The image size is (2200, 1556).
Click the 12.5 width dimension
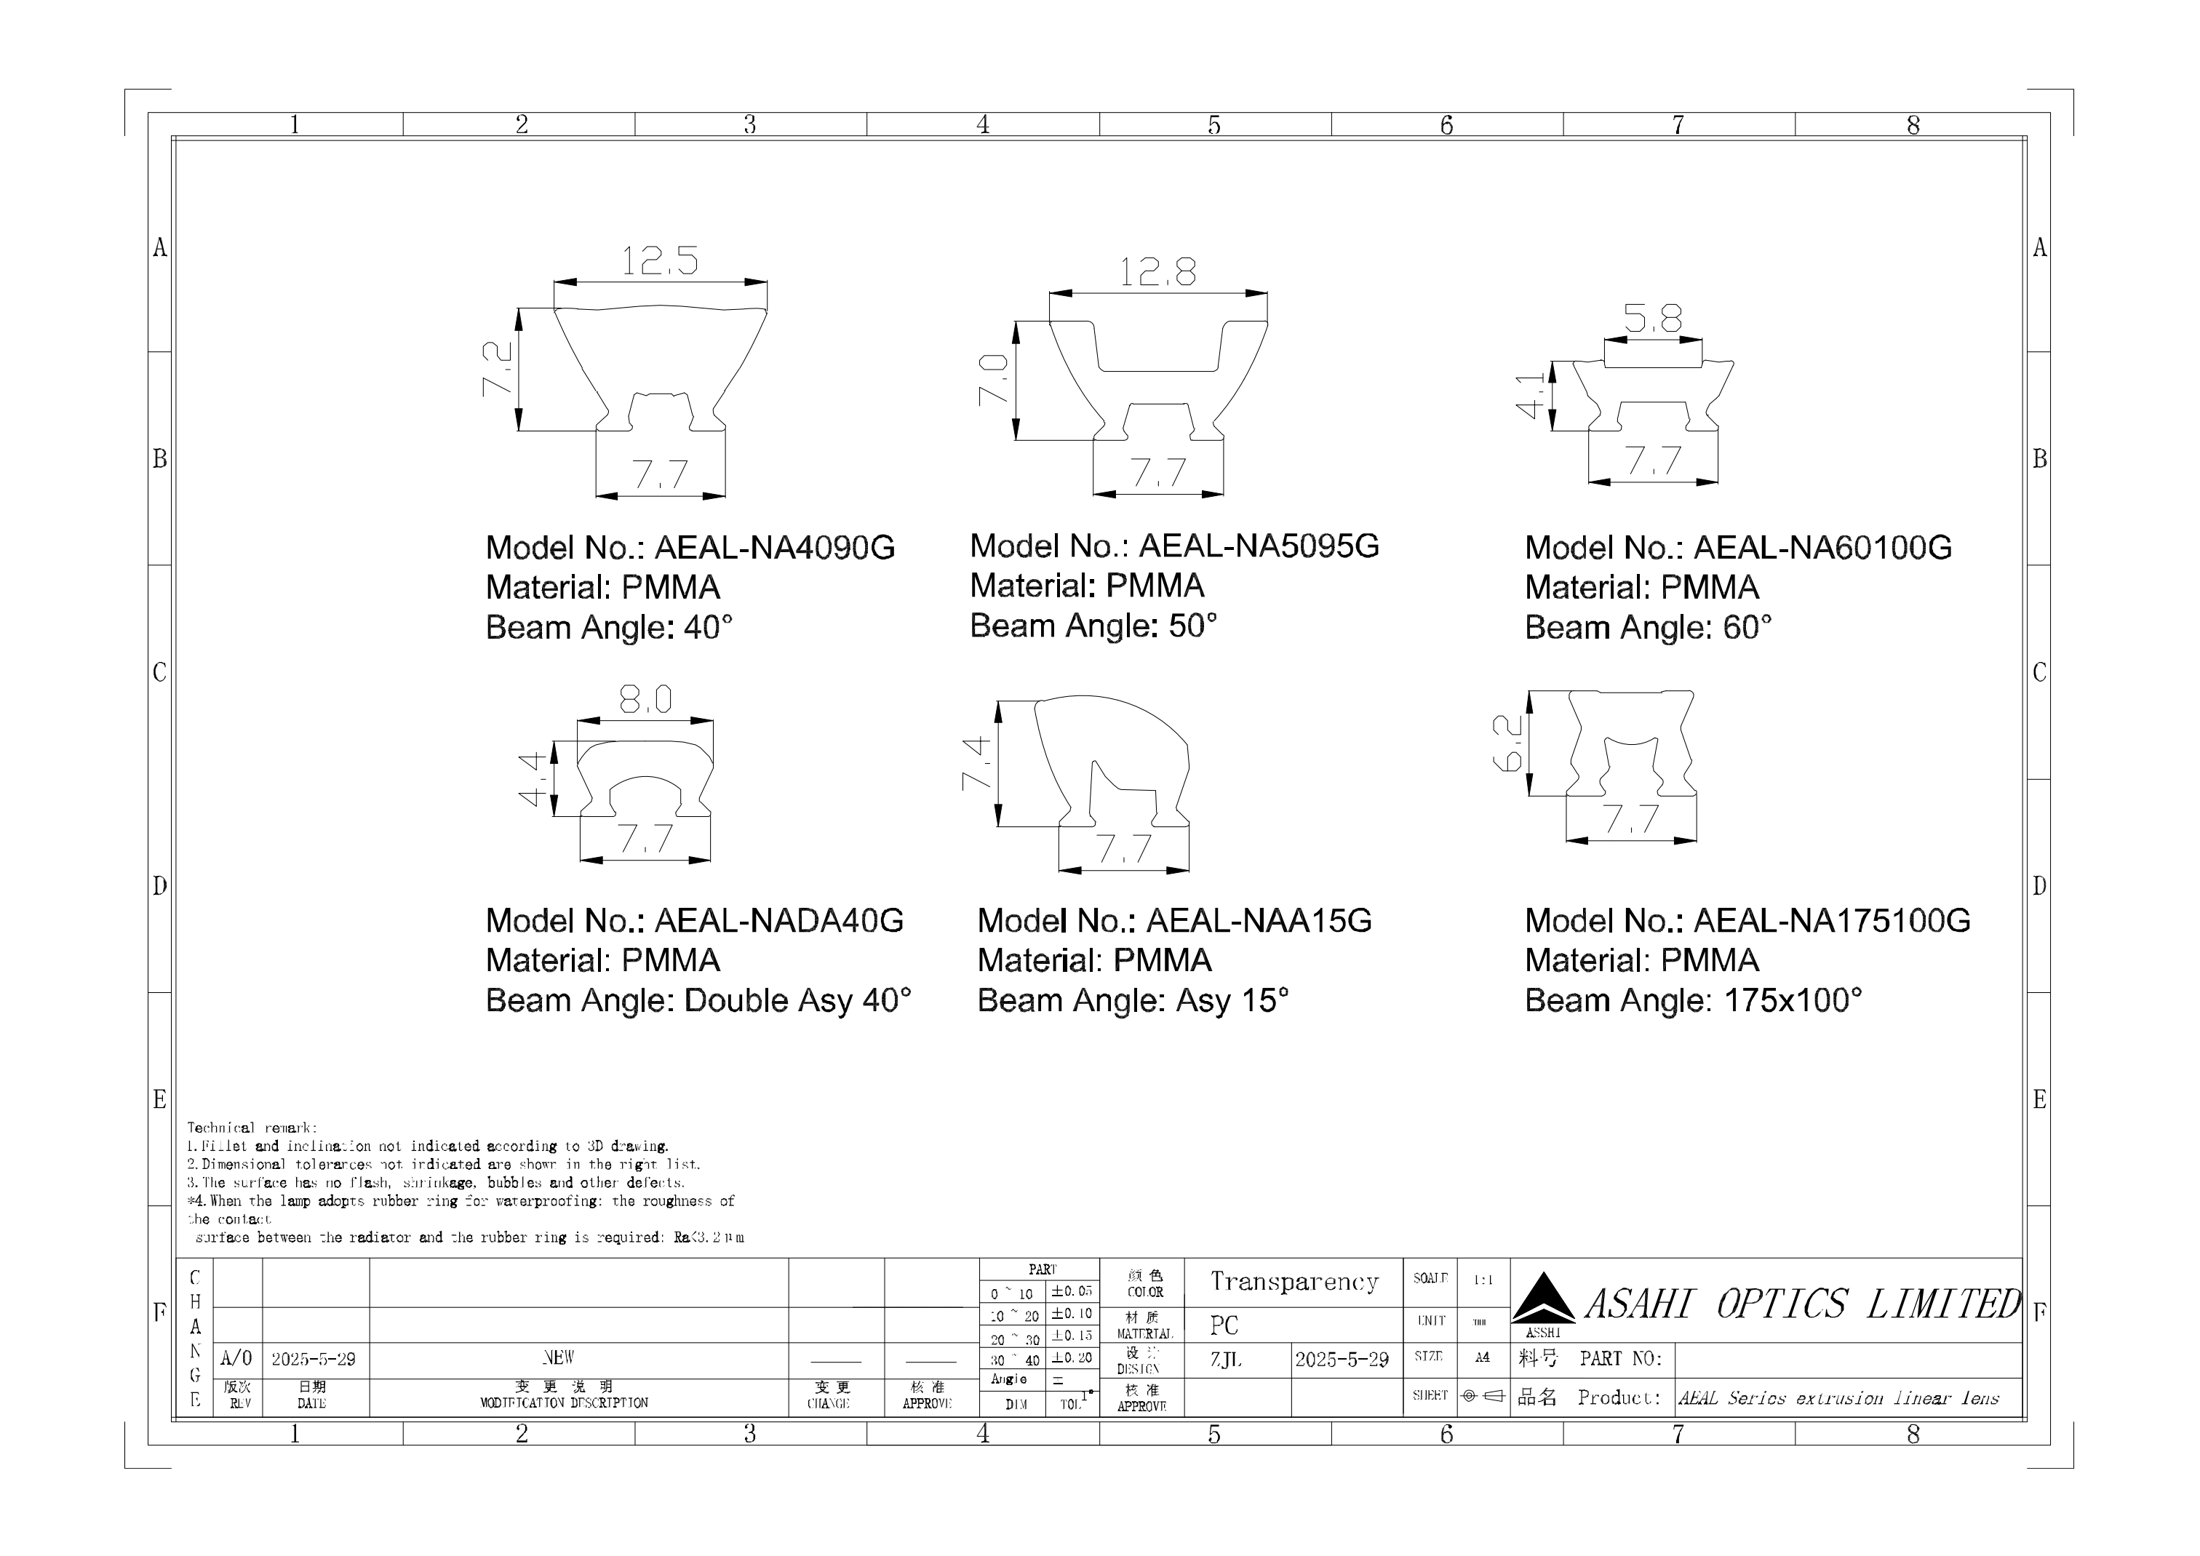[659, 260]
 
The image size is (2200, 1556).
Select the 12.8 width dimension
[1157, 273]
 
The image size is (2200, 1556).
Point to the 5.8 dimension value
[1653, 317]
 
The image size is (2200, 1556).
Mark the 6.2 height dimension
[1507, 743]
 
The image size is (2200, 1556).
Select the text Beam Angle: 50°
[1093, 626]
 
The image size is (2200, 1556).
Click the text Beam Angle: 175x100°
[1693, 1000]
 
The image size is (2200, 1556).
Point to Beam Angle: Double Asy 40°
[698, 1000]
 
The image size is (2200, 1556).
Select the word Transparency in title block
[1294, 1282]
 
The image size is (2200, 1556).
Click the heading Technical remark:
[251, 1128]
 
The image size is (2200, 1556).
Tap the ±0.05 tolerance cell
[1071, 1291]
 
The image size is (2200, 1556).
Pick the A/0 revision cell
[236, 1359]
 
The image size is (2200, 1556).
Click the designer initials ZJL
[1226, 1360]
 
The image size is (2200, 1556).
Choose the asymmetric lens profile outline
[1112, 757]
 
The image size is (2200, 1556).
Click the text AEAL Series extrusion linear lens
[1838, 1398]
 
